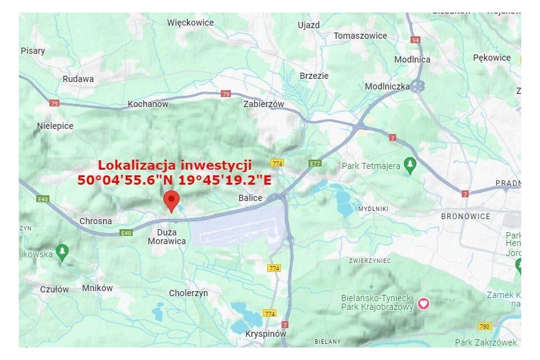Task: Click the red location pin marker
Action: [x=171, y=201]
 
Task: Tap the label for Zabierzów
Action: [x=263, y=105]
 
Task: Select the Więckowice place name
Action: [x=190, y=23]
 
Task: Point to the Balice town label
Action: [x=250, y=198]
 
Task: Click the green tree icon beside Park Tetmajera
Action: [x=410, y=166]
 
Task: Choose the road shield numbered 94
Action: [x=415, y=40]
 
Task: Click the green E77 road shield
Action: [x=315, y=163]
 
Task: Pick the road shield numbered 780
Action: [x=484, y=326]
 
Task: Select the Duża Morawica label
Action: [x=167, y=236]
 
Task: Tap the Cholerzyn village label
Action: [x=188, y=293]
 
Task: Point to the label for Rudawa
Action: [x=78, y=79]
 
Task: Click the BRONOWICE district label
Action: [x=466, y=216]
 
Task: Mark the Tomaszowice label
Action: [x=360, y=36]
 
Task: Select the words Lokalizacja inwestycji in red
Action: [x=175, y=165]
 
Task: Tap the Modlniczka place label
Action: [x=387, y=86]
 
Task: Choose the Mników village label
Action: [x=98, y=288]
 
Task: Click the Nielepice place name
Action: [x=55, y=126]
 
